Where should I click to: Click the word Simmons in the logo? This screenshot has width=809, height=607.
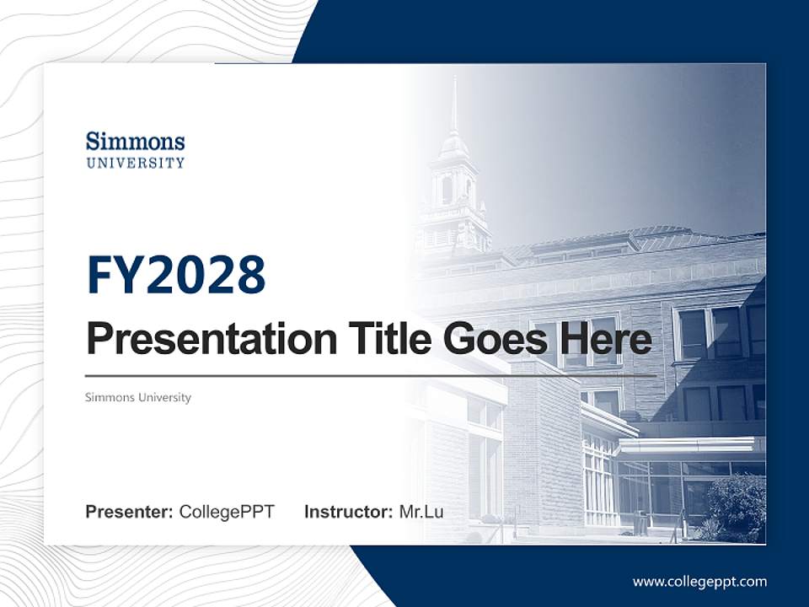click(x=135, y=141)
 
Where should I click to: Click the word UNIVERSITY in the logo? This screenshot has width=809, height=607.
click(x=135, y=162)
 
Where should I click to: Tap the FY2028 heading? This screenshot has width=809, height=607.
click(x=176, y=275)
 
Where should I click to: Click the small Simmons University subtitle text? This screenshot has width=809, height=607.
click(x=138, y=397)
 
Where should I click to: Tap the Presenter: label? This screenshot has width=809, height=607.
click(x=130, y=512)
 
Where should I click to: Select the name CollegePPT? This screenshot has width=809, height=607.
click(x=227, y=512)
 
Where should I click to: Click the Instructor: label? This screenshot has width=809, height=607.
click(x=348, y=512)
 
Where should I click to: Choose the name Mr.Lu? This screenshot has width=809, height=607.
click(x=421, y=512)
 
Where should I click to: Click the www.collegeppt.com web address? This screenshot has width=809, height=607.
click(x=699, y=582)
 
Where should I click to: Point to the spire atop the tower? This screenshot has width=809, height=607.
click(x=453, y=105)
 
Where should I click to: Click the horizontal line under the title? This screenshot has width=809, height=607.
click(x=371, y=375)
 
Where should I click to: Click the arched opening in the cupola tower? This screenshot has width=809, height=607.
click(x=447, y=190)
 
